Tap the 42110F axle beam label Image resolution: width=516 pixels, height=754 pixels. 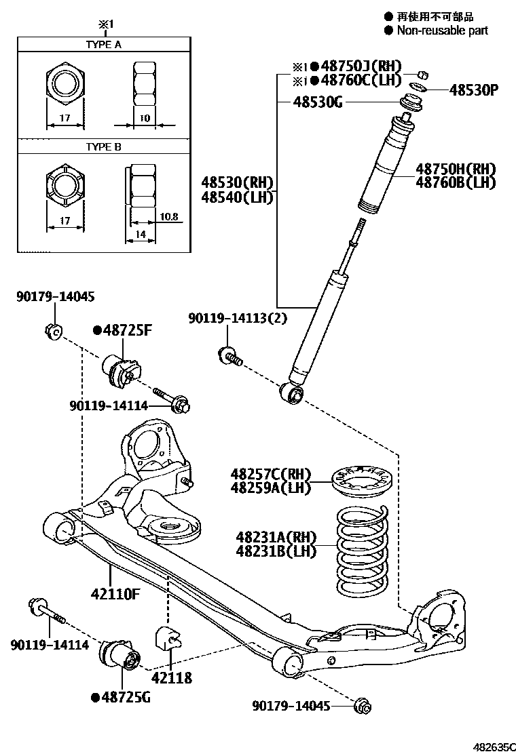(x=115, y=595)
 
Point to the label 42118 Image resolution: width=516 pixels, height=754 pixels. (x=171, y=677)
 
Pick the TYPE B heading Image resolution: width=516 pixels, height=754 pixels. (x=103, y=146)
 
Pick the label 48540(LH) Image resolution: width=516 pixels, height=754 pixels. (x=237, y=197)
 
